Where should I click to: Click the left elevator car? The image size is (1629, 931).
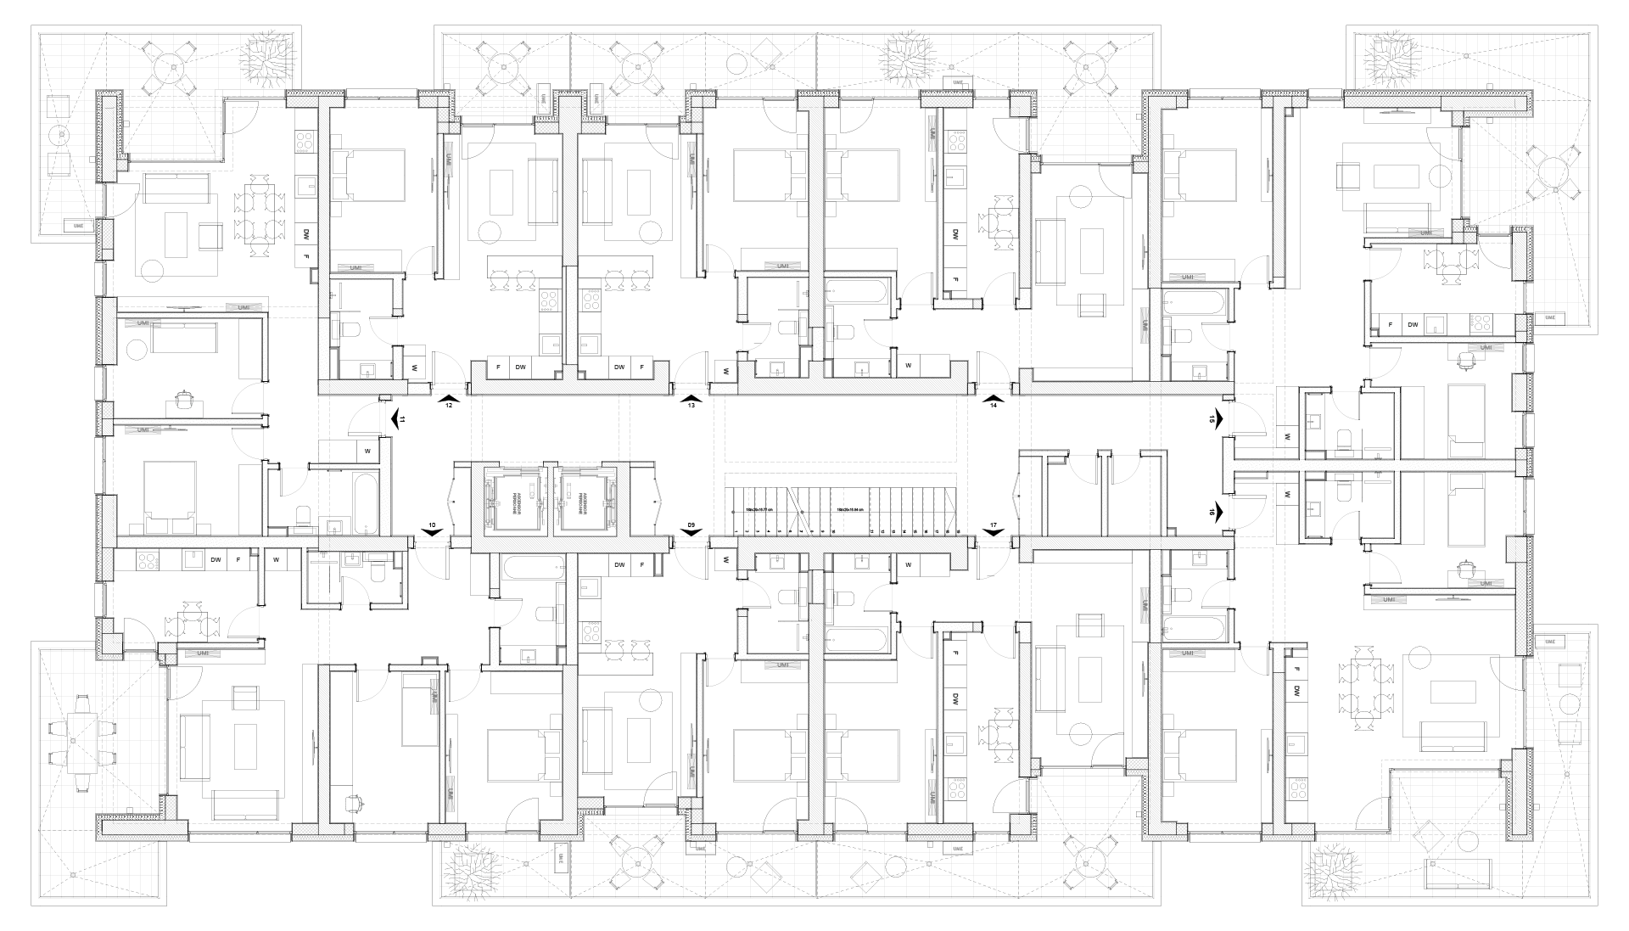pos(513,502)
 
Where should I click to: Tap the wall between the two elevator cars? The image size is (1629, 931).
pos(551,502)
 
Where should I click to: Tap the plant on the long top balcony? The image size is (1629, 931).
pos(899,58)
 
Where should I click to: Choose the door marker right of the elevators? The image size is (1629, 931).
pos(658,501)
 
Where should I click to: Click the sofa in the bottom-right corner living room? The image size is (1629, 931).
pos(1447,696)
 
